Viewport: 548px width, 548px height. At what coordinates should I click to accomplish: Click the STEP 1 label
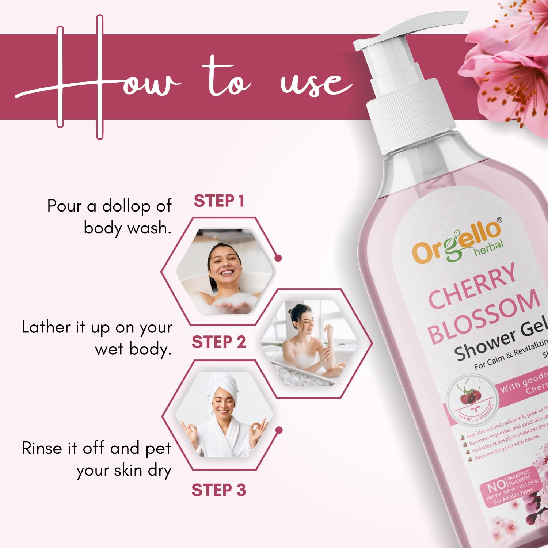(218, 201)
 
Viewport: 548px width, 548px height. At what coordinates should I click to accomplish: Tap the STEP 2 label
(218, 342)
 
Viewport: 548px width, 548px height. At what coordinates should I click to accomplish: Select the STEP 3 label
(218, 490)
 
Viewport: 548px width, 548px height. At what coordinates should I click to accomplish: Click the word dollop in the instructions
(126, 206)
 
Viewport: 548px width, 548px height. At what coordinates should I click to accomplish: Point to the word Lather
(45, 327)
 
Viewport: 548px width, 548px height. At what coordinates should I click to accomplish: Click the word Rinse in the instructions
(42, 448)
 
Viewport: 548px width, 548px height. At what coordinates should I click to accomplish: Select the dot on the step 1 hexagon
(278, 258)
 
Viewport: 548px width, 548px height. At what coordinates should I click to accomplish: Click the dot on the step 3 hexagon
(279, 430)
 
